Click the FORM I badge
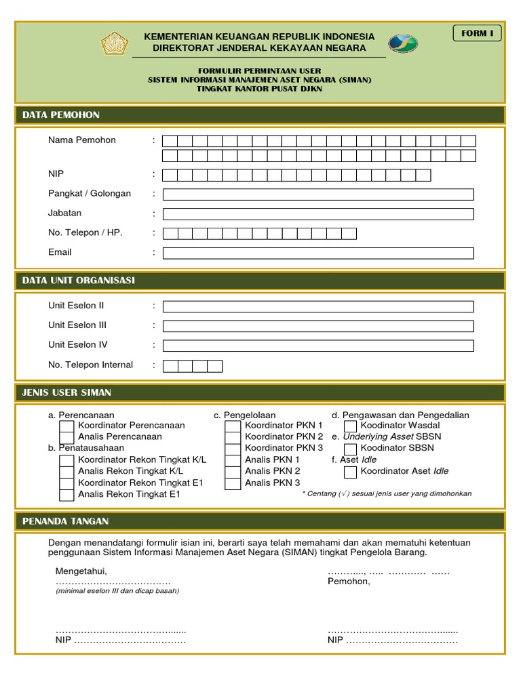pos(477,33)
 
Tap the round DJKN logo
pos(403,43)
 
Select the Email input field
pos(318,253)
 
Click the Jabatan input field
pos(318,214)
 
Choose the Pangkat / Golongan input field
pos(318,195)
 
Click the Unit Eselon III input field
pos(318,326)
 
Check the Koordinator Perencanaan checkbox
pos(66,426)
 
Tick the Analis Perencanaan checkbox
pos(66,437)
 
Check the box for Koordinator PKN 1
pos(233,426)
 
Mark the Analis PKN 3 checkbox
pos(233,483)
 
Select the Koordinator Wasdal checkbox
pos(350,426)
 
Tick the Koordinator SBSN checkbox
pos(350,449)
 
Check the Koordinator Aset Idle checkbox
pos(350,472)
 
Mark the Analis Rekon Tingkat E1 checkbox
pos(66,495)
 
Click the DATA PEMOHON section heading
pos(61,115)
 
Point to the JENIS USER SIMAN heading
pos(66,392)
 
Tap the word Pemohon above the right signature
pos(349,581)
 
